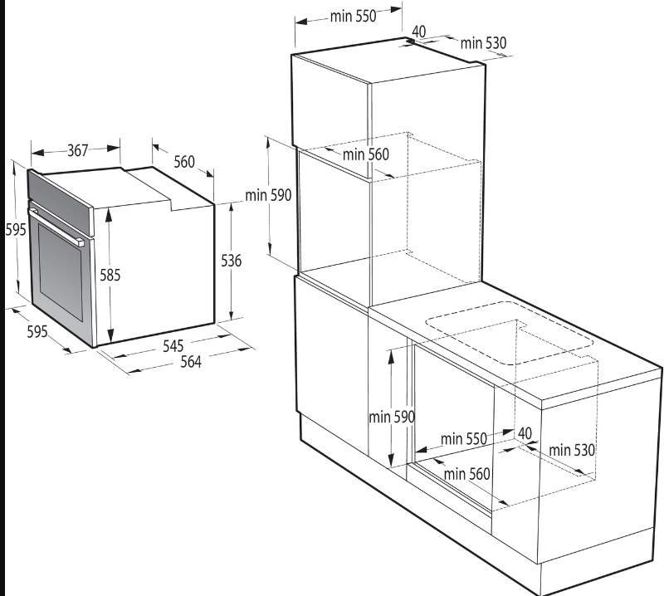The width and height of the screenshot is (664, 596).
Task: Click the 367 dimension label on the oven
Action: [77, 151]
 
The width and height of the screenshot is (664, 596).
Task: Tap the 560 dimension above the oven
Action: [183, 162]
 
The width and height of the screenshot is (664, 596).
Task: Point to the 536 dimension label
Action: [232, 261]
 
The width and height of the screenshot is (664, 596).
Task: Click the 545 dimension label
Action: [173, 344]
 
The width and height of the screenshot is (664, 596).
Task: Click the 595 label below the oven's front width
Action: [37, 331]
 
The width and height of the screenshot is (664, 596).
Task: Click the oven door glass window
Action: [58, 274]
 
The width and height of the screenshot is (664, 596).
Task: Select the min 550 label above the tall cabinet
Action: [353, 15]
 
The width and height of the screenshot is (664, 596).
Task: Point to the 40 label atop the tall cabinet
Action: [419, 31]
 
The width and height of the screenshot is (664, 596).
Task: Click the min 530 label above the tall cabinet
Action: [484, 42]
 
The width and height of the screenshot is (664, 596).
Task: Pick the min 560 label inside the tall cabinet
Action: [365, 154]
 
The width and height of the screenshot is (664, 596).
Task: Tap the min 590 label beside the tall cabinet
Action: [268, 196]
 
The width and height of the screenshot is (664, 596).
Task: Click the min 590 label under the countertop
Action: [392, 417]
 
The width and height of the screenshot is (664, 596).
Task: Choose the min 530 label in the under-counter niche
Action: [572, 450]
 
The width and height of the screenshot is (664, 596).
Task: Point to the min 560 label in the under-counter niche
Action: [466, 474]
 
